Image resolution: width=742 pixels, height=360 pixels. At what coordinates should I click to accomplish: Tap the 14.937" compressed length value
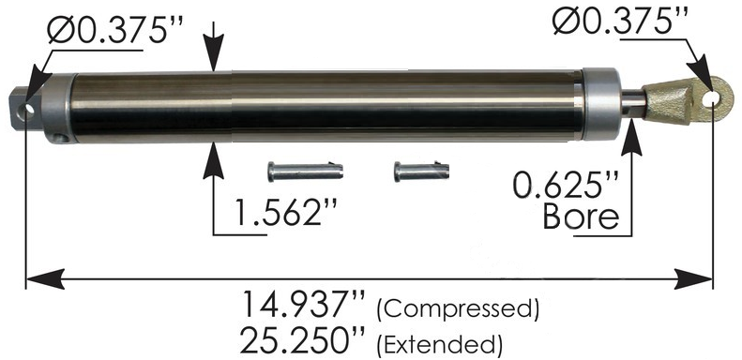click(x=303, y=305)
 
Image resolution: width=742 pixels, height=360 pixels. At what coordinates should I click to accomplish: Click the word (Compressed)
click(x=458, y=309)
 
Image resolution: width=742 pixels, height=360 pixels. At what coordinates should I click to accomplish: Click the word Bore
click(x=581, y=217)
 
